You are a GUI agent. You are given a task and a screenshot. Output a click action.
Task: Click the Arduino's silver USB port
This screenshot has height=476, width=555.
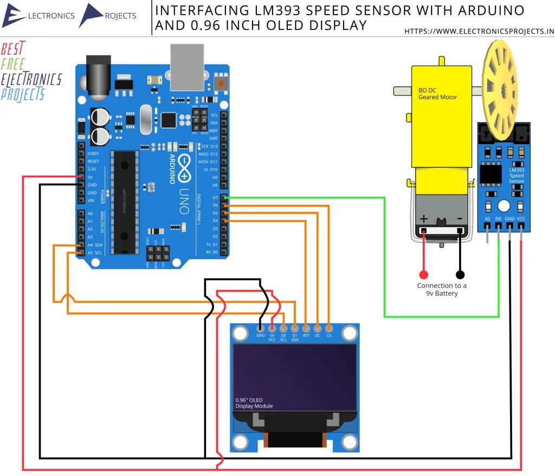click(186, 67)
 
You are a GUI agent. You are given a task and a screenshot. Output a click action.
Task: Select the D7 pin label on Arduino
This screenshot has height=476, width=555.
click(215, 197)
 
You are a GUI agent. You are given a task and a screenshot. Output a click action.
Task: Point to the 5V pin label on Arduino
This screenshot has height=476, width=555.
click(89, 177)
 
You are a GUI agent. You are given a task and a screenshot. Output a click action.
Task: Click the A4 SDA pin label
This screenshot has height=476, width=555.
click(94, 245)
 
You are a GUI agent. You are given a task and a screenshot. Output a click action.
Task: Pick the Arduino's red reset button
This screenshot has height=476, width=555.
click(221, 84)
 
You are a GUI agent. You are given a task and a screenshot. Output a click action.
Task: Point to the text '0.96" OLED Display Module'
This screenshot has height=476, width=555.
click(254, 403)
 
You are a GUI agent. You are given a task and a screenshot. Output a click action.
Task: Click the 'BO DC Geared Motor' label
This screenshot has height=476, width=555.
click(437, 94)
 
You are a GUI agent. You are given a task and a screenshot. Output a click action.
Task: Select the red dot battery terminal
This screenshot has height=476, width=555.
click(423, 274)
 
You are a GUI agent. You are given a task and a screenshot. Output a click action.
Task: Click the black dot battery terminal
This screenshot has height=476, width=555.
click(460, 274)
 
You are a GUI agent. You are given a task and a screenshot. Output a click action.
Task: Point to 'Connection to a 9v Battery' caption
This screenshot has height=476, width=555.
click(442, 290)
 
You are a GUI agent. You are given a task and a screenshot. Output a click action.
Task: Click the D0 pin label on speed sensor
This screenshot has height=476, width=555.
click(498, 219)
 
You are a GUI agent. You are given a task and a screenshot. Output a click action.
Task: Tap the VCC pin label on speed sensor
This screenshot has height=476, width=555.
click(521, 219)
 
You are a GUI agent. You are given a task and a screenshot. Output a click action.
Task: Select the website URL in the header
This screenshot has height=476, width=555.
click(479, 31)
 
